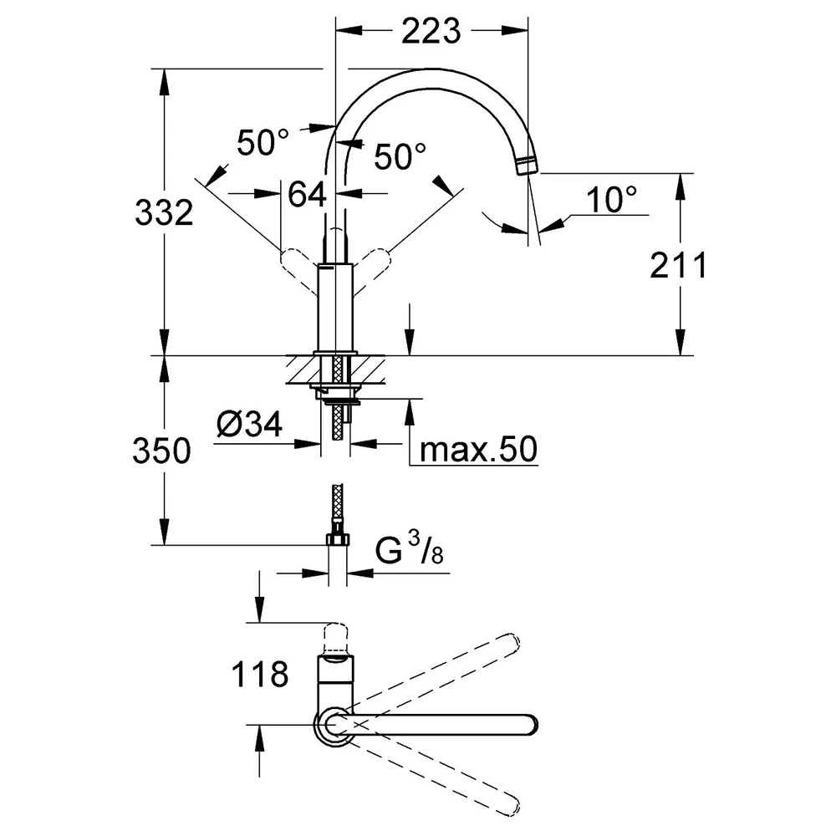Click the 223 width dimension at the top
pyautogui.click(x=431, y=32)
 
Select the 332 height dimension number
pyautogui.click(x=164, y=212)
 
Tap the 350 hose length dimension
pyautogui.click(x=161, y=451)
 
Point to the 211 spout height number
pyautogui.click(x=678, y=265)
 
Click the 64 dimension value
pyautogui.click(x=307, y=194)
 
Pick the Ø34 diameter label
pyautogui.click(x=249, y=425)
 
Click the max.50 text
pyautogui.click(x=478, y=450)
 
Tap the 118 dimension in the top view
pyautogui.click(x=260, y=674)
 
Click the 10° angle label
pyautogui.click(x=611, y=200)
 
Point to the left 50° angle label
pyautogui.click(x=263, y=142)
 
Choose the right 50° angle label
pyautogui.click(x=400, y=156)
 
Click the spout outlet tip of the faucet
pyautogui.click(x=528, y=166)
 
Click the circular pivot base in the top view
pyautogui.click(x=334, y=725)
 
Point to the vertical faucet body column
pyautogui.click(x=335, y=308)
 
